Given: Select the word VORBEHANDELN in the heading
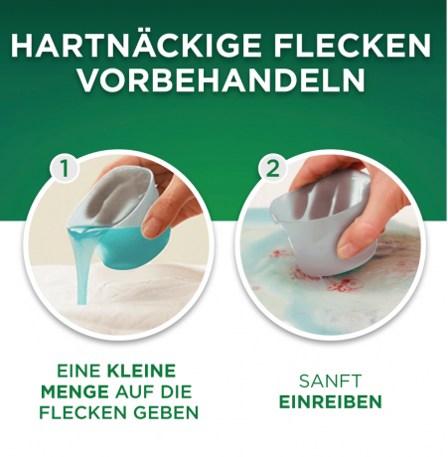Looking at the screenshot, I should [x=224, y=83].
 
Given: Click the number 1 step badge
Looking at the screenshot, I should [x=66, y=169].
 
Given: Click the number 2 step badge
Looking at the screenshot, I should [x=272, y=169].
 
